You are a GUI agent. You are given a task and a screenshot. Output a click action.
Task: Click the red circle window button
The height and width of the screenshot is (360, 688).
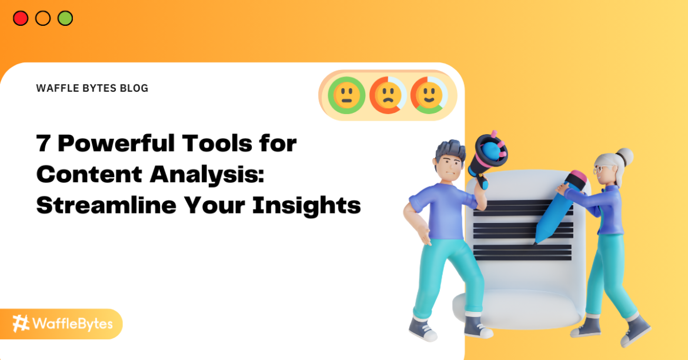pyautogui.click(x=21, y=18)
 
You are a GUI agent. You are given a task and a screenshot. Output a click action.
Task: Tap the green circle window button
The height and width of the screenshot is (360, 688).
pyautogui.click(x=65, y=18)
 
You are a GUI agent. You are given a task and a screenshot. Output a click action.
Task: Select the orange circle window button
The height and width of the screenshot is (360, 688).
pyautogui.click(x=43, y=18)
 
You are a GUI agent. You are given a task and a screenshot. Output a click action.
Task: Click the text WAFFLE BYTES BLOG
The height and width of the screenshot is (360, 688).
pyautogui.click(x=92, y=88)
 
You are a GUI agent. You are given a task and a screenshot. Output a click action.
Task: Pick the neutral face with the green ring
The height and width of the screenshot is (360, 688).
pyautogui.click(x=347, y=95)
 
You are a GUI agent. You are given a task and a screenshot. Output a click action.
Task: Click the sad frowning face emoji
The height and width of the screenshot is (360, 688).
pyautogui.click(x=388, y=95)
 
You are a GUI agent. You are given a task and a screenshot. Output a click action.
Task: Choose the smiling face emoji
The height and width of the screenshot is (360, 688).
pyautogui.click(x=429, y=95)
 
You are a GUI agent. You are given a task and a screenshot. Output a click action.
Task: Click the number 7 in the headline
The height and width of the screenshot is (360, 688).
pyautogui.click(x=43, y=144)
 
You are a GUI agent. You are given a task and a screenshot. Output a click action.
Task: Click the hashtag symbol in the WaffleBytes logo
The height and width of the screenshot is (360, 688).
pyautogui.click(x=22, y=324)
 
